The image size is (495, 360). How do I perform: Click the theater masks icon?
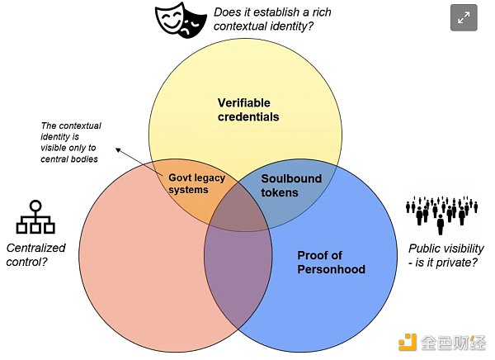tap(181, 20)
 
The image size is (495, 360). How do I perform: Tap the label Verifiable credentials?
tap(248, 110)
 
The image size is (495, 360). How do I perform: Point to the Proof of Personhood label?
tap(331, 262)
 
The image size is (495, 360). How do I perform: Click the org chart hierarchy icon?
tap(35, 218)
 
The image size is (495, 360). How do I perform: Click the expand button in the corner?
tap(464, 17)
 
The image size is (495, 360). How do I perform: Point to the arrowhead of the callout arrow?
tap(117, 150)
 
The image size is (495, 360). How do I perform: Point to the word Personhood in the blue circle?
tap(331, 269)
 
